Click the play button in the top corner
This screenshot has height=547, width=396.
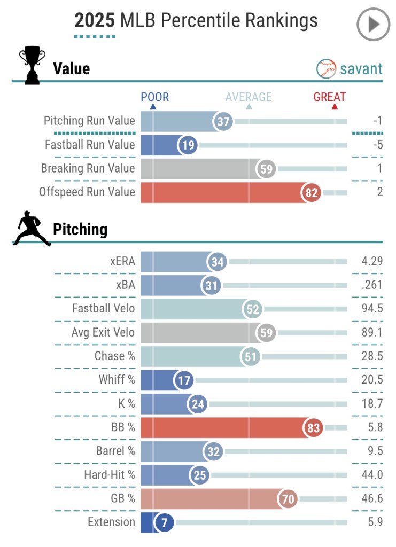click(374, 25)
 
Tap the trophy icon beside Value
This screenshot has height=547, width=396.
click(32, 66)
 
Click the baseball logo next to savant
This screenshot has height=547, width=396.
click(326, 68)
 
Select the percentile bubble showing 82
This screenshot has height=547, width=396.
click(312, 192)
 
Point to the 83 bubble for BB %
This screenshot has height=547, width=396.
click(313, 427)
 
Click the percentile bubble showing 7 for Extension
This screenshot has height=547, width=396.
click(165, 522)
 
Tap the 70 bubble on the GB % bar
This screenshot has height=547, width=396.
click(288, 499)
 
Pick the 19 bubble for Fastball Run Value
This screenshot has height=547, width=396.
click(188, 145)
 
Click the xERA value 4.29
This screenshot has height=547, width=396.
click(372, 262)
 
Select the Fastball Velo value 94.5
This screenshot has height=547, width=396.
click(372, 309)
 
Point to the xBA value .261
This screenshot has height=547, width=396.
click(372, 285)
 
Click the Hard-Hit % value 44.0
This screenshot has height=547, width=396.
click(372, 475)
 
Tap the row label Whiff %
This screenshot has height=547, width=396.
click(117, 380)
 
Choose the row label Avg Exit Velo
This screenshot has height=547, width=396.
click(103, 333)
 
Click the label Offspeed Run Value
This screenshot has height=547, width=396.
click(87, 192)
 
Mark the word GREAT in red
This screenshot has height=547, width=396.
click(329, 97)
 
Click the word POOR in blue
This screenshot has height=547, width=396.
click(154, 97)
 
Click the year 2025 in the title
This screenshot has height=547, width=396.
click(95, 20)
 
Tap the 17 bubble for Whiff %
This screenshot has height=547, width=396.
click(184, 380)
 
